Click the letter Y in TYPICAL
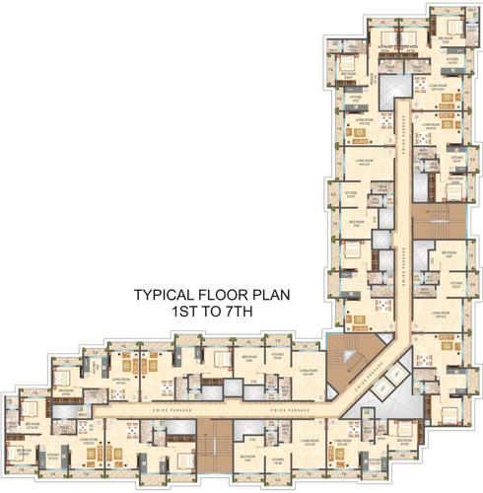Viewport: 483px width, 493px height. tap(148, 294)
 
